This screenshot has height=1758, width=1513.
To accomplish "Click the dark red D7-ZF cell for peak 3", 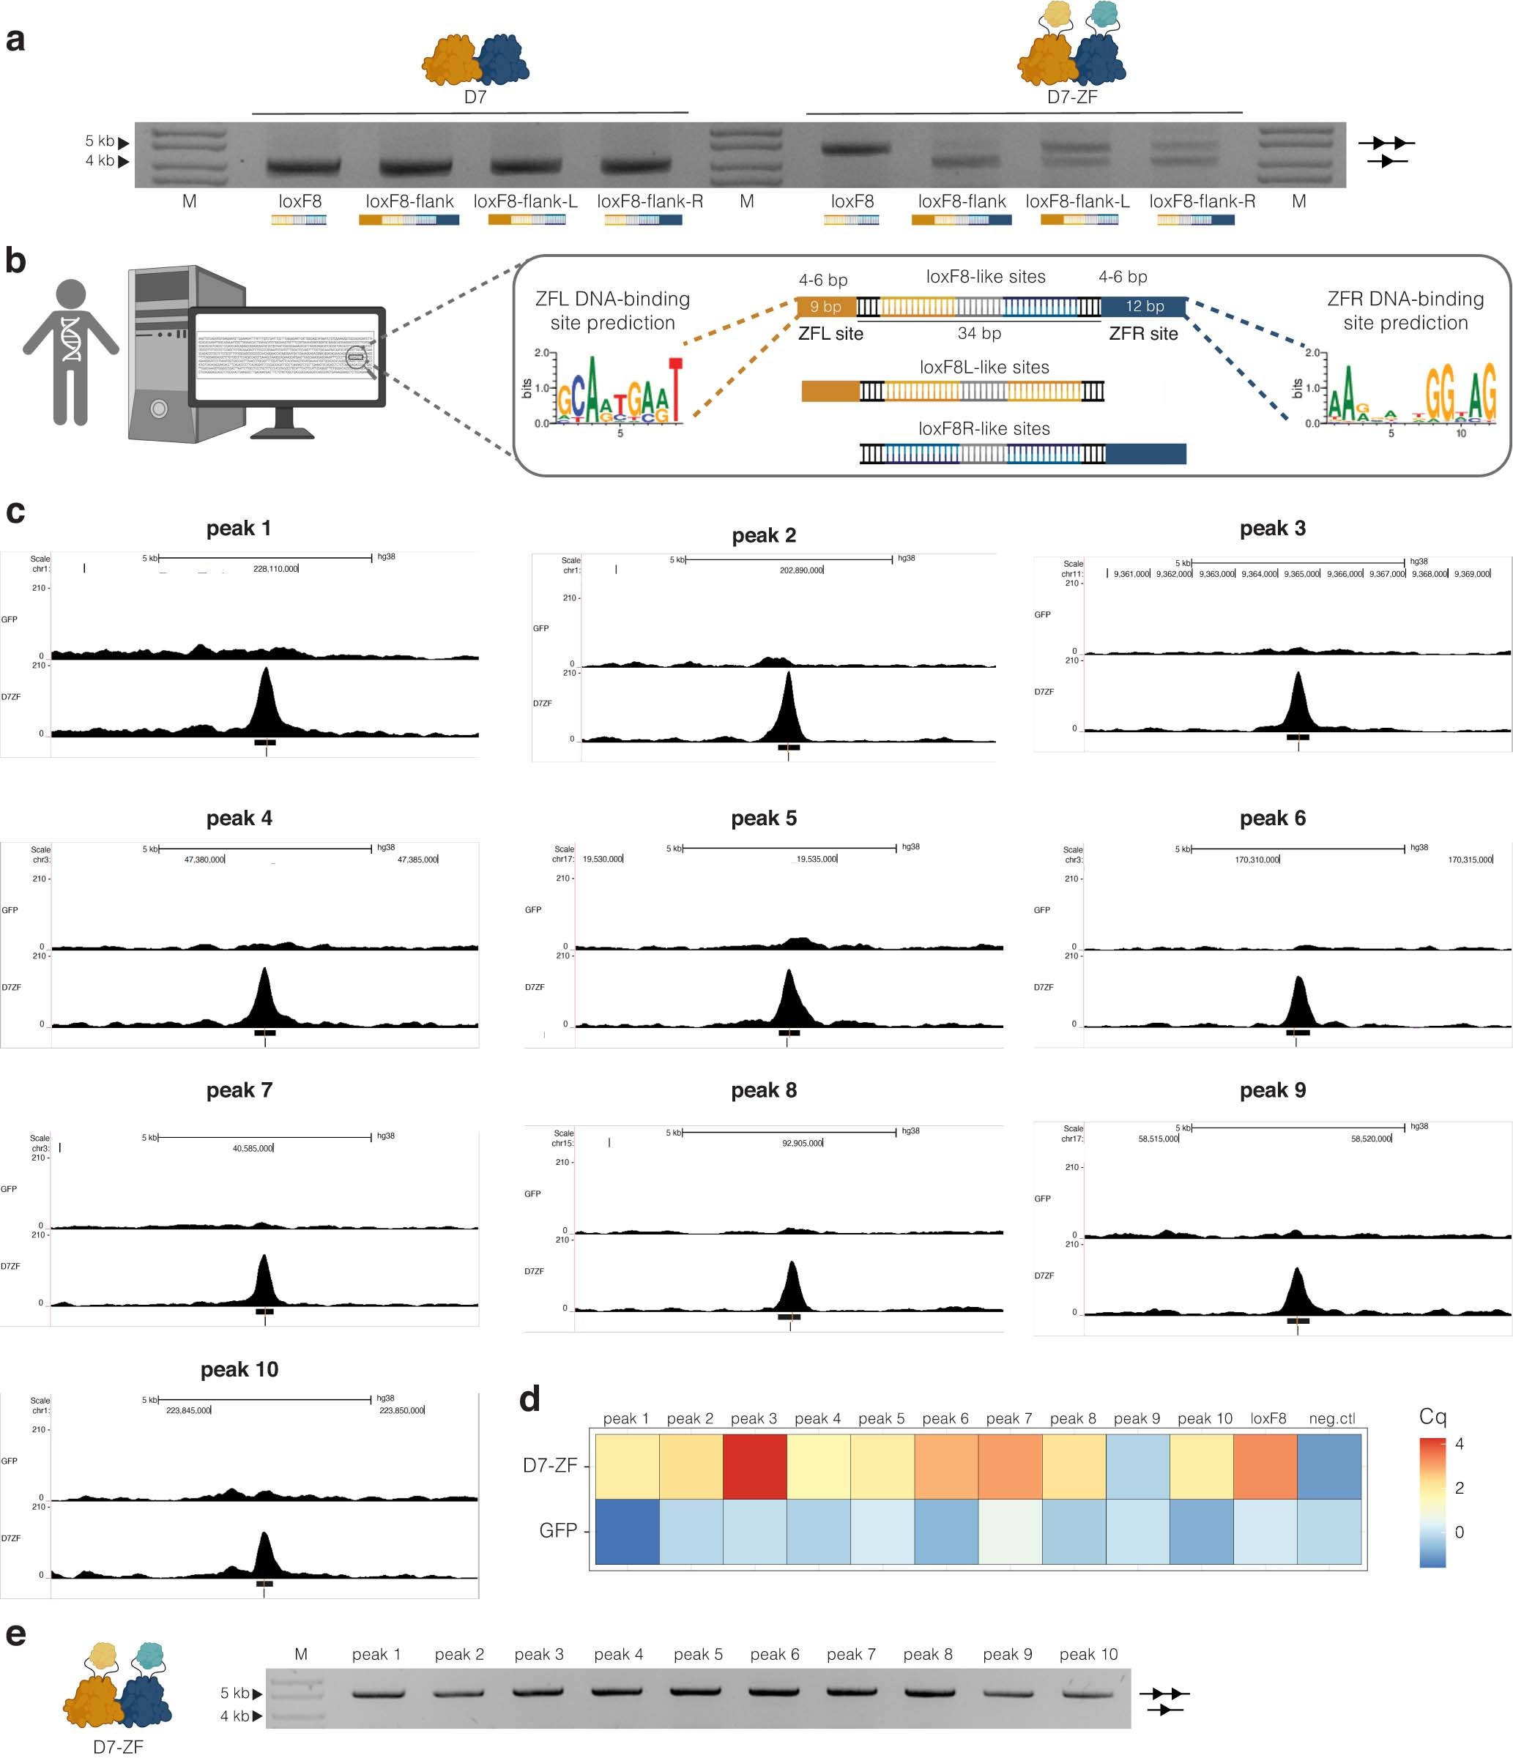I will (754, 1466).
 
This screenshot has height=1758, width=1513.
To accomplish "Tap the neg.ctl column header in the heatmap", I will (1331, 1418).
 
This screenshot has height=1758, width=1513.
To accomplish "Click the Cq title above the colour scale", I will (1432, 1416).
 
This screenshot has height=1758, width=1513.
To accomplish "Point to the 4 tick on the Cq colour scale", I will (1459, 1444).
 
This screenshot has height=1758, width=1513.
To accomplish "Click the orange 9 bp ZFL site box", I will (825, 306).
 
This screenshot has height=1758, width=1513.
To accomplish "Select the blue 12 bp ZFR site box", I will (1144, 306).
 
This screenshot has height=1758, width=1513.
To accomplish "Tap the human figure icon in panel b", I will (70, 352).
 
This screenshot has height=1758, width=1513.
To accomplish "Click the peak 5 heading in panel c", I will (764, 818).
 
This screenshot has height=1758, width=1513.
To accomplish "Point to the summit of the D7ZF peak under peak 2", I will (788, 674).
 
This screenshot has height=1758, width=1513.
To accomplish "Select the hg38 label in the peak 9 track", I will (1418, 1127).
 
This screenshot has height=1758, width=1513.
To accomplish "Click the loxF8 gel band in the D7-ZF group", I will (852, 149).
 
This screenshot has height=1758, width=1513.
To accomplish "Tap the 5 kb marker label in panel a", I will (100, 141).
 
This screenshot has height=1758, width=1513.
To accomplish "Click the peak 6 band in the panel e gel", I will (774, 1692).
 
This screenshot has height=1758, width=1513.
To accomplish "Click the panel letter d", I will (529, 1398).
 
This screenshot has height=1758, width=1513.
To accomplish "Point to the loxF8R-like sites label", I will (984, 428).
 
